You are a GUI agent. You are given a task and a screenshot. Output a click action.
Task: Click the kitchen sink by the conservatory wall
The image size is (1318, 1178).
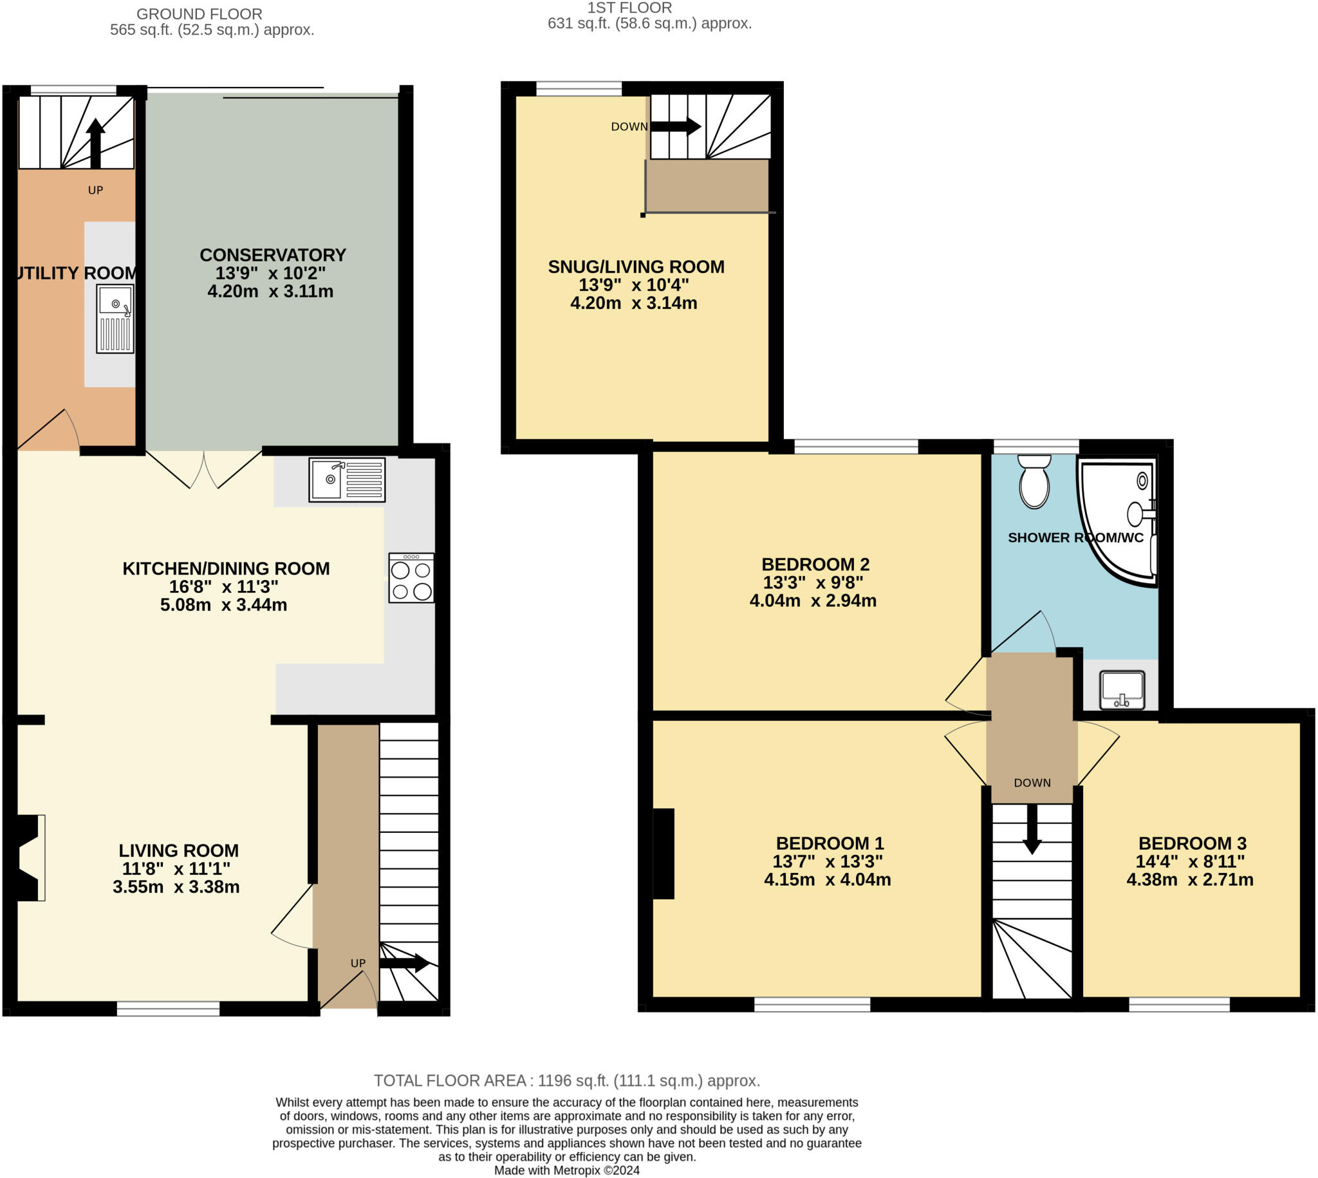pyautogui.click(x=347, y=480)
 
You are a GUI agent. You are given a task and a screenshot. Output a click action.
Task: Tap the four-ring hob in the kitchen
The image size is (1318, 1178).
pyautogui.click(x=411, y=578)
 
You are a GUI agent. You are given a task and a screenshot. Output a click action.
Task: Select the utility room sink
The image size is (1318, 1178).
pyautogui.click(x=115, y=319)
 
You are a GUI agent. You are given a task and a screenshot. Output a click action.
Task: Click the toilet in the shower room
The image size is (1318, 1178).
pyautogui.click(x=1034, y=481)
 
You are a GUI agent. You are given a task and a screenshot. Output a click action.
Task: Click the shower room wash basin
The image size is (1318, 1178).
pyautogui.click(x=1122, y=690)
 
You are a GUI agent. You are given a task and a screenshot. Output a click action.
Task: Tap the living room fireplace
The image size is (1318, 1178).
pyautogui.click(x=28, y=857)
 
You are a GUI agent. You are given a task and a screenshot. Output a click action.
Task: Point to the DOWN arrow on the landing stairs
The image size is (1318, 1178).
pyautogui.click(x=1032, y=828)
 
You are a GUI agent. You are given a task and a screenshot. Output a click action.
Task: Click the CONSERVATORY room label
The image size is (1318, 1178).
pyautogui.click(x=272, y=255)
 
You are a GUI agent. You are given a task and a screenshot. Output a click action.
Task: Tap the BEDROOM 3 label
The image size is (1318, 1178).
pyautogui.click(x=1192, y=843)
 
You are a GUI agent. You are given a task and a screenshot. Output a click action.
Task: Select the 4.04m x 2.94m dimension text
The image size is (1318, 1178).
pyautogui.click(x=813, y=601)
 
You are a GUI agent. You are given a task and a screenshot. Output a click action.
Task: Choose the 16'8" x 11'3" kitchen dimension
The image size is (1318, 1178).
pyautogui.click(x=224, y=586)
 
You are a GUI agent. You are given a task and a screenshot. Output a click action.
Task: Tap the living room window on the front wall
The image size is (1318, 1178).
pyautogui.click(x=168, y=1009)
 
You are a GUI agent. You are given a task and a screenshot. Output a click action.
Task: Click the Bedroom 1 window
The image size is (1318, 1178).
pyautogui.click(x=812, y=1005)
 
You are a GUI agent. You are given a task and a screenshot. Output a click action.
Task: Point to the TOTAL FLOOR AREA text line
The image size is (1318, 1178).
pyautogui.click(x=566, y=1080)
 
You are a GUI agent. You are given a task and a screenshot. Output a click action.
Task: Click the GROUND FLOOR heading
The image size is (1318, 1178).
pyautogui.click(x=200, y=14)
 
